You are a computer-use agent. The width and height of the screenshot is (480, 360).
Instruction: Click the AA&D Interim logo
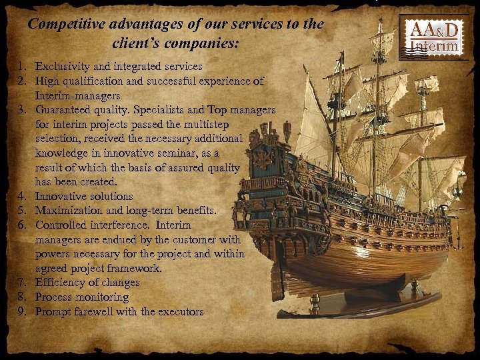434,37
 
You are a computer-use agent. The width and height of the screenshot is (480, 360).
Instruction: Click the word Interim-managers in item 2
73,95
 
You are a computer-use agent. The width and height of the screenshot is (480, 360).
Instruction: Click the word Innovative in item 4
60,197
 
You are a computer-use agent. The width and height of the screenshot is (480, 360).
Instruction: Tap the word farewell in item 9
93,311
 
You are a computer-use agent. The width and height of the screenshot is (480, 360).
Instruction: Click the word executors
179,311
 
